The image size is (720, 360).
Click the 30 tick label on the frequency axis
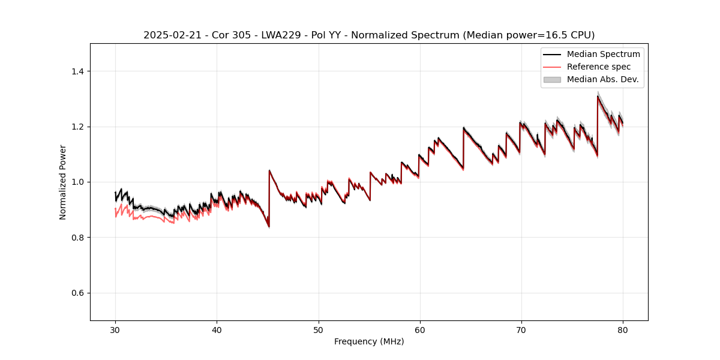(115, 329)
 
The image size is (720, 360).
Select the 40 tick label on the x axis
(217, 329)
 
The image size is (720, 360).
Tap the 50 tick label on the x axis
(319, 329)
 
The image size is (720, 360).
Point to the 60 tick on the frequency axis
(420, 329)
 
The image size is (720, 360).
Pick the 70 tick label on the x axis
(521, 329)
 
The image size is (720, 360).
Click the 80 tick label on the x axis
(623, 329)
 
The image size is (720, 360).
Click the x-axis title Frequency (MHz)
(369, 341)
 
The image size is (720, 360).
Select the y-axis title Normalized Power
(63, 182)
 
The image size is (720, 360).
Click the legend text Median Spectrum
(603, 54)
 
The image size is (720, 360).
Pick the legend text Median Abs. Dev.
(602, 79)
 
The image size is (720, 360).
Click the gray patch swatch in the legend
(552, 79)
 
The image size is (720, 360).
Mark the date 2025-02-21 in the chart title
(170, 35)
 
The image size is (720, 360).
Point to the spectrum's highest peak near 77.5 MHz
(598, 96)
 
